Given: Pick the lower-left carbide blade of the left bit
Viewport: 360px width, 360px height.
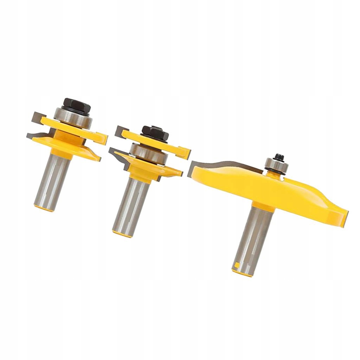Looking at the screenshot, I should coord(35,136).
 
